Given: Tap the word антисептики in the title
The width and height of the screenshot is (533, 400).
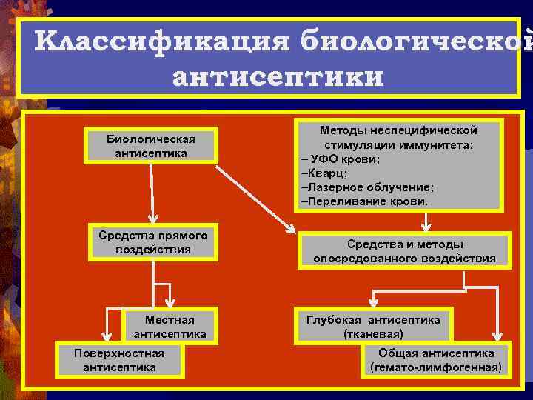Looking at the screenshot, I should point(278,76).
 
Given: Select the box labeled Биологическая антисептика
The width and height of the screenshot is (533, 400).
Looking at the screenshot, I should point(151,146).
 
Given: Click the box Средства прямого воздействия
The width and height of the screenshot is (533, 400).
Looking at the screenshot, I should point(152,242).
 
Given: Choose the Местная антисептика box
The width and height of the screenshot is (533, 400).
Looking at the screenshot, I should point(170,327).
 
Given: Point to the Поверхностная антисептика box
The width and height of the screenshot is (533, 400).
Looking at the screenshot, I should point(119,359).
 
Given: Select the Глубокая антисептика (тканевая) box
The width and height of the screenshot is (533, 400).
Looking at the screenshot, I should point(373,327).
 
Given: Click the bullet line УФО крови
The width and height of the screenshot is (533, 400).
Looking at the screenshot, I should point(342,159).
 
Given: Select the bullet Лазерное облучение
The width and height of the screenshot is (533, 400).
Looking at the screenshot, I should point(368,187).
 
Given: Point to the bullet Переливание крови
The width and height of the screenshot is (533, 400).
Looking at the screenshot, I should point(364,201).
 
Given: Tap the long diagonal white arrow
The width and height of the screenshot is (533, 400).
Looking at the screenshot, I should point(255,196).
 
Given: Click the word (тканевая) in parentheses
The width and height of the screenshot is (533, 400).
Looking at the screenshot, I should point(373,334).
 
